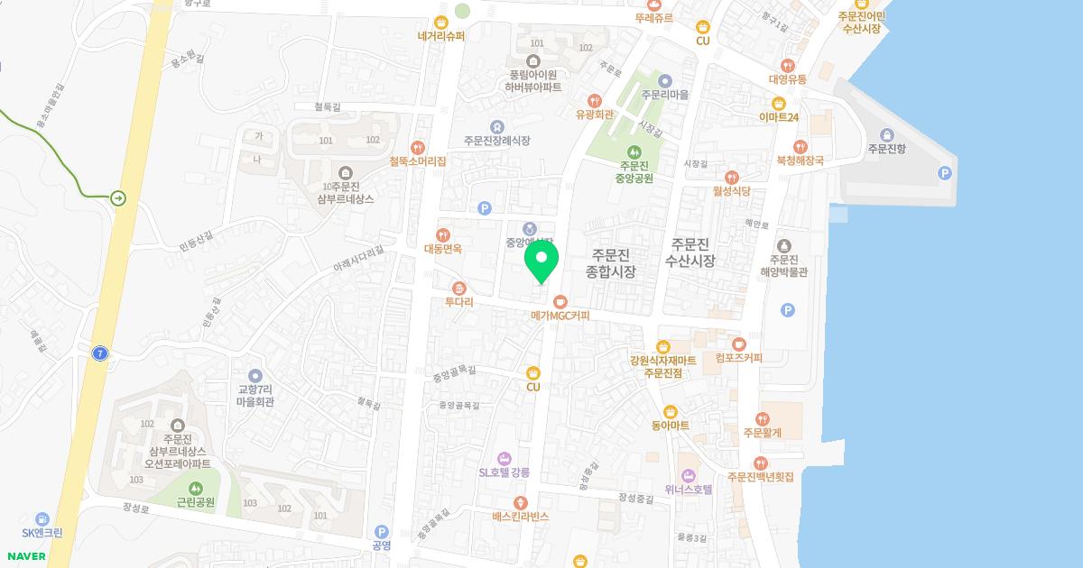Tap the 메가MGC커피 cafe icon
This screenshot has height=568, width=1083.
pos(560,301)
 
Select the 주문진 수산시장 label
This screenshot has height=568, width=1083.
pos(690,252)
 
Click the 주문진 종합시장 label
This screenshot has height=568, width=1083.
pos(611,262)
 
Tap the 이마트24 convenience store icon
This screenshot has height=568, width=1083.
pos(779,103)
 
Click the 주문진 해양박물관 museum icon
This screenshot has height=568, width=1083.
pos(782,245)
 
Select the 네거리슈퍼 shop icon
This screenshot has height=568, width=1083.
pos(441,23)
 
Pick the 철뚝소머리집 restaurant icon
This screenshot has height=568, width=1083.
pos(417,147)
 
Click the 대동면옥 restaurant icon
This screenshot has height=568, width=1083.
pos(443,234)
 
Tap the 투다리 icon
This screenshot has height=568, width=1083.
pos(459,289)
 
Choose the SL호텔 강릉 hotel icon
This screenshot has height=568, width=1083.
pos(504,458)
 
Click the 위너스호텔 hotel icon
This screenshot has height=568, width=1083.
pos(689,475)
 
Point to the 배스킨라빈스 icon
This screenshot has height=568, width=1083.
pos(520,502)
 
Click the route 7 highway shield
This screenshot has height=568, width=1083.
pos(99,353)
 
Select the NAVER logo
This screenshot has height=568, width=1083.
pos(25,556)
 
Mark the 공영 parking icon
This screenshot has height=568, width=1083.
pos(381,532)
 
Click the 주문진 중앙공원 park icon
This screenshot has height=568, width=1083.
pos(634,151)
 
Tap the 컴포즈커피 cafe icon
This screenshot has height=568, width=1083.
pos(738,344)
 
